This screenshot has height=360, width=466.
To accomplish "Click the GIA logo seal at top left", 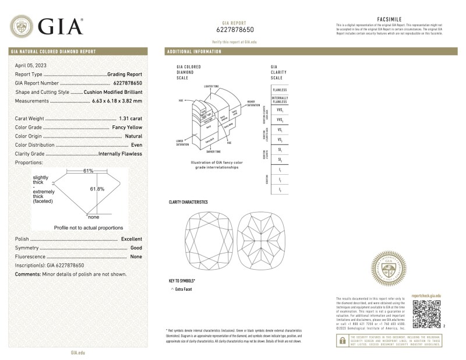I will click(22, 26).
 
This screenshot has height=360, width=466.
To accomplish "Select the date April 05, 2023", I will click(31, 65).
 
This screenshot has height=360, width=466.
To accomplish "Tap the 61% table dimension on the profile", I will click(88, 171).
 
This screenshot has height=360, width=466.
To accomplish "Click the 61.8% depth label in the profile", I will click(97, 189).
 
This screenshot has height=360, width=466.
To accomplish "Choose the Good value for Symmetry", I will click(136, 248).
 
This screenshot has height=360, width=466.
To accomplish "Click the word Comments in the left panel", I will click(27, 274).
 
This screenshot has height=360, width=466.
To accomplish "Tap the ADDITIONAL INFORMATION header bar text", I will click(194, 52).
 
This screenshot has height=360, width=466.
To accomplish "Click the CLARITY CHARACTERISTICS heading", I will click(188, 202).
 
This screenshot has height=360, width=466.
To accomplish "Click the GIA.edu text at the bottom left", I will click(77, 352).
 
